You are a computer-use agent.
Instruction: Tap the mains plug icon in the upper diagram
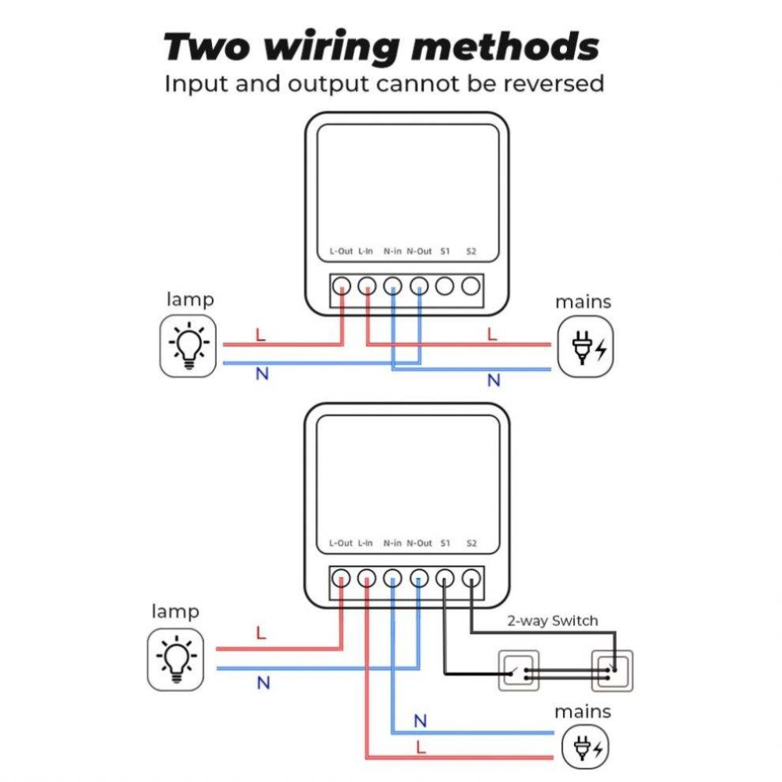click(x=585, y=347)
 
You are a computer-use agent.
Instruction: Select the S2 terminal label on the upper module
click(x=471, y=251)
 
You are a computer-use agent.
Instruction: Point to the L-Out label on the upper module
click(x=341, y=251)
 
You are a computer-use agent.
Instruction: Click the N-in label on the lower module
click(x=393, y=543)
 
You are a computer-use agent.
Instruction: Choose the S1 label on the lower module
click(x=445, y=543)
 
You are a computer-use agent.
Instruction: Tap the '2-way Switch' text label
click(x=552, y=621)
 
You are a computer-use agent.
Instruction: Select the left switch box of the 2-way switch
click(x=519, y=670)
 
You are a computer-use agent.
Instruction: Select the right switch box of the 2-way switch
click(x=612, y=670)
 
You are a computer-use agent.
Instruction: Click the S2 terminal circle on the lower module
click(x=471, y=579)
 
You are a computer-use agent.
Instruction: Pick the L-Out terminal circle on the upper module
click(x=341, y=286)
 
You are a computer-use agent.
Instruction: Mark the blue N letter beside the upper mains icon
click(x=493, y=381)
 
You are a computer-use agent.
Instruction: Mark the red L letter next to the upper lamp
click(x=260, y=335)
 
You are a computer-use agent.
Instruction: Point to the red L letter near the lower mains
click(x=421, y=748)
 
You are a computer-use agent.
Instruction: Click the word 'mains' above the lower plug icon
click(x=583, y=712)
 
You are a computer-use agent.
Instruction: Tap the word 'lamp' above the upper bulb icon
click(x=190, y=300)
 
